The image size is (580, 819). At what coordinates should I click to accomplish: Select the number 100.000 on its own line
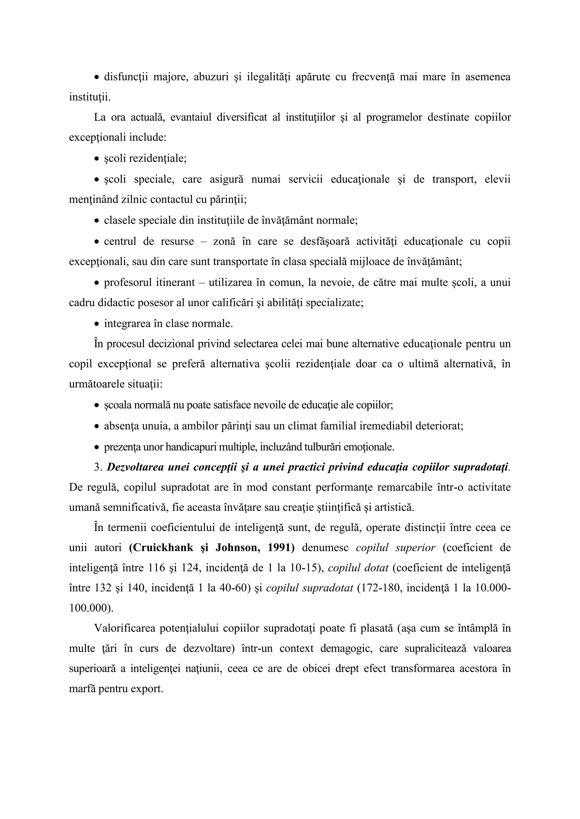click(x=91, y=609)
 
